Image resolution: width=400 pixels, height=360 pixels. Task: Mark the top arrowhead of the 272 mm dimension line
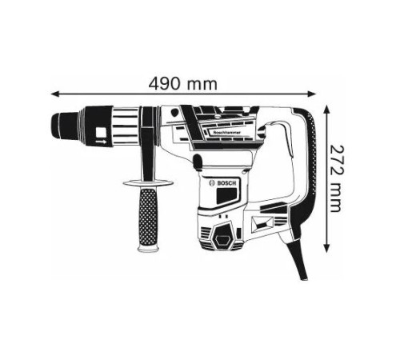click(x=328, y=107)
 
